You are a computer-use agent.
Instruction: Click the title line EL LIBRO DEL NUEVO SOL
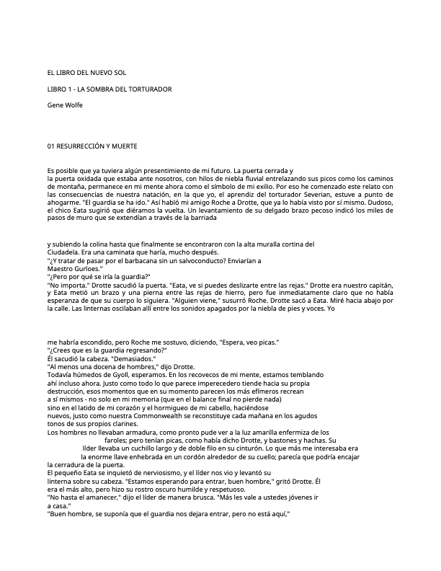pos(86,73)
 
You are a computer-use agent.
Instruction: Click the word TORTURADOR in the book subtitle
pos(150,89)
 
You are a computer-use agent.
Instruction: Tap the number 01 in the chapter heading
pos(51,146)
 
